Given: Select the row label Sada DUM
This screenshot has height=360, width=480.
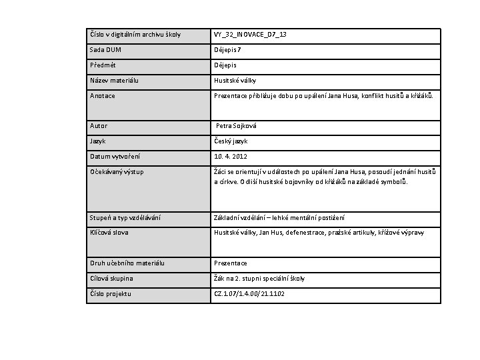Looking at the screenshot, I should [x=105, y=50].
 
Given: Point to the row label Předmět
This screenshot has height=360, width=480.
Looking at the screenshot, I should [x=103, y=65].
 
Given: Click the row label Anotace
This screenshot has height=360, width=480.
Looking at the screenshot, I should [x=103, y=96].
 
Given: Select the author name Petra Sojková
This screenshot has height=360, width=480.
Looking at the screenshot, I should [x=236, y=126].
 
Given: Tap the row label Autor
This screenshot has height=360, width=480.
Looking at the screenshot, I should [x=99, y=126].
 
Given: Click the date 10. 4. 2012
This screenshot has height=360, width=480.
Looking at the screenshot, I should [x=231, y=157].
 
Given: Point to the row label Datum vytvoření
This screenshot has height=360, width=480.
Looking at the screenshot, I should [x=114, y=157].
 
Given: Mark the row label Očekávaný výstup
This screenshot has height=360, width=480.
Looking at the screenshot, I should [x=117, y=172].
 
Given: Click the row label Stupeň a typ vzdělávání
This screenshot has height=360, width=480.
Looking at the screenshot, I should [x=125, y=218].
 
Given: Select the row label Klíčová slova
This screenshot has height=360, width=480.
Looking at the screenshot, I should [x=109, y=233].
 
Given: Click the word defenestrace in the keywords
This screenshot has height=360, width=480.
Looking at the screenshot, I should [x=303, y=233].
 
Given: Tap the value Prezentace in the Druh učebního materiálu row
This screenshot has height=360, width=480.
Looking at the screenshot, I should [x=231, y=263].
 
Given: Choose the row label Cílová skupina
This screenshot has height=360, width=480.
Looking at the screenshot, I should [x=111, y=279].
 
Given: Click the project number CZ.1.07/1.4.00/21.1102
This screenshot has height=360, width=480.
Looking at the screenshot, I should [x=249, y=294].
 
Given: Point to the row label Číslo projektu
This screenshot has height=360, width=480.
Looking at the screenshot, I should [x=110, y=294].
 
